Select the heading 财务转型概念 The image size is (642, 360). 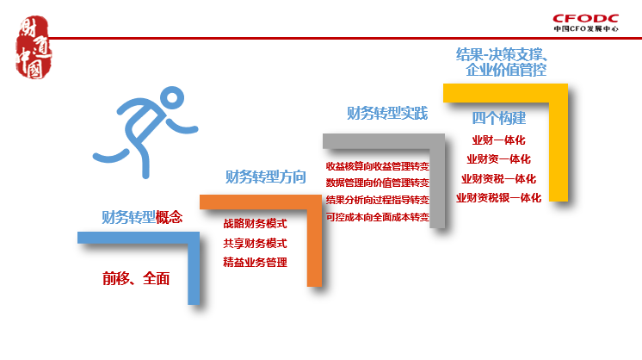[x=142, y=217]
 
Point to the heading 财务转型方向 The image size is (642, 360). [x=265, y=177]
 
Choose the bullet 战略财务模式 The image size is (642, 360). [x=255, y=223]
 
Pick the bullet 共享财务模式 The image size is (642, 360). [x=255, y=243]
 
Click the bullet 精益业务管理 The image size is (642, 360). [x=255, y=263]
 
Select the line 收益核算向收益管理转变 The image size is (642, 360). [x=378, y=165]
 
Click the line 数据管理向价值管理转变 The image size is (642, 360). [x=378, y=183]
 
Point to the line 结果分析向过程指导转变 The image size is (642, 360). [x=378, y=200]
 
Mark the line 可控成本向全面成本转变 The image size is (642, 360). [x=378, y=217]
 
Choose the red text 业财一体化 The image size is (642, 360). [x=499, y=140]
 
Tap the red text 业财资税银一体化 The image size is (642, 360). [x=499, y=198]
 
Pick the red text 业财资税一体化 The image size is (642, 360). [x=499, y=179]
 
